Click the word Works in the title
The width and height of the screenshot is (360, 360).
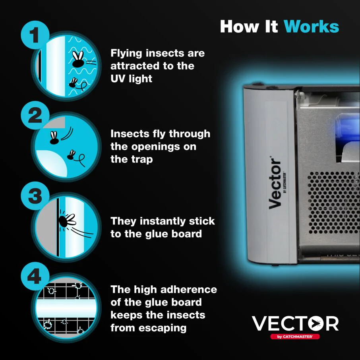click(x=311, y=26)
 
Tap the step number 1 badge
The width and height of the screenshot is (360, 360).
click(x=35, y=35)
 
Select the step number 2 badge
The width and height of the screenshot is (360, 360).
click(x=35, y=116)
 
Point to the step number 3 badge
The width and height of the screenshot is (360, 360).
click(x=35, y=196)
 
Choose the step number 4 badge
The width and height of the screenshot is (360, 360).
click(x=35, y=276)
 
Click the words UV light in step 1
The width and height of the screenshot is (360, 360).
click(x=131, y=79)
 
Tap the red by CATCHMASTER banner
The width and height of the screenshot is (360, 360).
click(x=295, y=337)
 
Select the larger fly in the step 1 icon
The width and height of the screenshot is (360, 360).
click(x=78, y=60)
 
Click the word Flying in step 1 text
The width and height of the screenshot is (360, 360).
click(x=126, y=53)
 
